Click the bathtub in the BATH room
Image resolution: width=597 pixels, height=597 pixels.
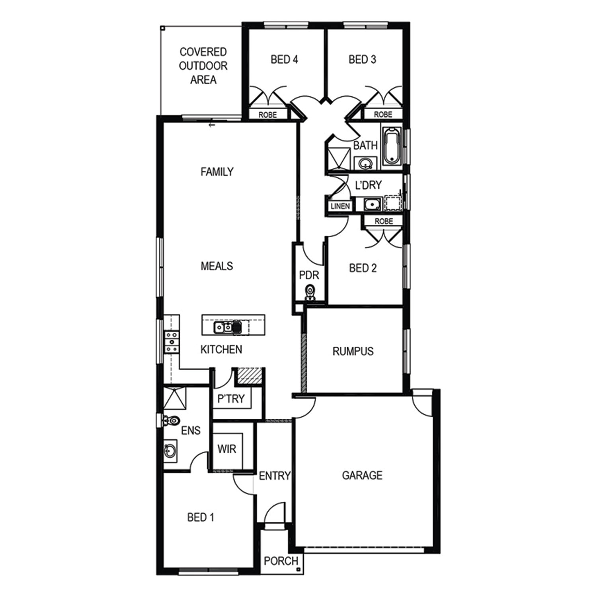point(392,146)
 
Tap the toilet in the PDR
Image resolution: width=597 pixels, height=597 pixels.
point(309,293)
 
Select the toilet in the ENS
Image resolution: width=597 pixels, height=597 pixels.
point(171,420)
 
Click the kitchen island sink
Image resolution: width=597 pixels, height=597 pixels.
point(223,328)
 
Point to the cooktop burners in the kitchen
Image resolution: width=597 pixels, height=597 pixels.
point(172,341)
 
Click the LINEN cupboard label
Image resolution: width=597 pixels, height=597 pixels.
point(340,206)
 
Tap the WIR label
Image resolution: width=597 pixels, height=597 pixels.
point(227,449)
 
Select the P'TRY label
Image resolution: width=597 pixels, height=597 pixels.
point(231,398)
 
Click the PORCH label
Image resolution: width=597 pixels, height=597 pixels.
point(281,561)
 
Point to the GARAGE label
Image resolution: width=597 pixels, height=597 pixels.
point(362,475)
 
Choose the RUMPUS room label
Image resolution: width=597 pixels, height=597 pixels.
point(353,351)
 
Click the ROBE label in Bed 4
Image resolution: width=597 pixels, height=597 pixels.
point(267,115)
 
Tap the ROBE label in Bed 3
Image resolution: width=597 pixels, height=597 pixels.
point(383,114)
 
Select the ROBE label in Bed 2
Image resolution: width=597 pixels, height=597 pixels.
point(384,221)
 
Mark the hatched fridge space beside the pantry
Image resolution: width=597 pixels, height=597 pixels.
point(250,376)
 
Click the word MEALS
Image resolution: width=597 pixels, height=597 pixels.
point(217,266)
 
